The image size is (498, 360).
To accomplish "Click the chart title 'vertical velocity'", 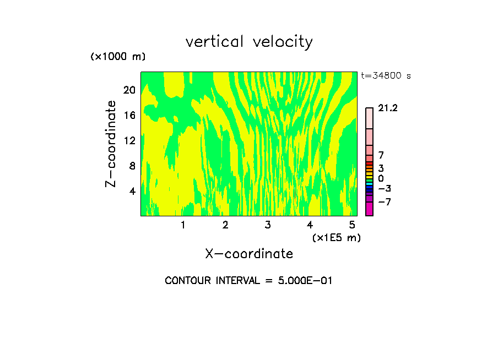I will click(249, 42).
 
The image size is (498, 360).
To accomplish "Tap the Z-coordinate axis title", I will click(111, 144).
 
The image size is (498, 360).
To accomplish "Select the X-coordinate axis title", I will click(249, 254).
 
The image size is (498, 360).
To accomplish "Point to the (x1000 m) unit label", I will click(118, 57).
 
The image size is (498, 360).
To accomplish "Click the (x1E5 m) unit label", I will click(336, 237).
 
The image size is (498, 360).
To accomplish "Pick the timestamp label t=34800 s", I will click(386, 76).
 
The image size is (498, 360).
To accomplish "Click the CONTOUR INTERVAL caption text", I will click(248, 281).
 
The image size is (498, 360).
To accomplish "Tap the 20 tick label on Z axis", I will click(129, 90).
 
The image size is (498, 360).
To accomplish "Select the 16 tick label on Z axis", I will click(129, 115).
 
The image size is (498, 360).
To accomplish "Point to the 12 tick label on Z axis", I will click(129, 140).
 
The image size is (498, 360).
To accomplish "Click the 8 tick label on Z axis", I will click(132, 166).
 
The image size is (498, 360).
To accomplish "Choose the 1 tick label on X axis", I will click(183, 225).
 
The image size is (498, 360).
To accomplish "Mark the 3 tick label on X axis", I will click(268, 225).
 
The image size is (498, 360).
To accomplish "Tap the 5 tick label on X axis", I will click(352, 225).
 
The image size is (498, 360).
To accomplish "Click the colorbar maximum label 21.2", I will click(388, 108).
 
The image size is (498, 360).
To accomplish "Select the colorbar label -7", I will click(384, 202).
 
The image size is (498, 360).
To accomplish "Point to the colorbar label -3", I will click(384, 188).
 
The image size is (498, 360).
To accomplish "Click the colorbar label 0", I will click(381, 178).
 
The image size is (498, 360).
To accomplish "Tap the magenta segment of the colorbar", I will click(369, 209).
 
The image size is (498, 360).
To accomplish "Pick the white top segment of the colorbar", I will click(369, 118).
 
